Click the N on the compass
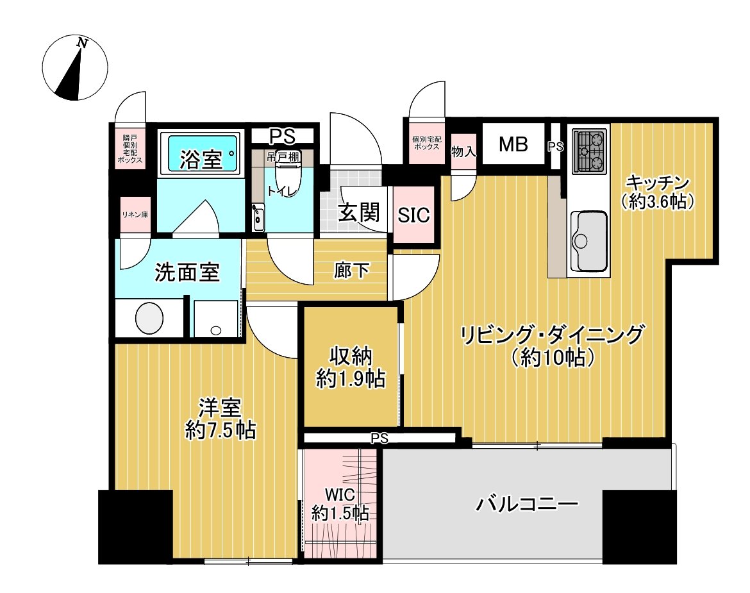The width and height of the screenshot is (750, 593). tap(82, 43)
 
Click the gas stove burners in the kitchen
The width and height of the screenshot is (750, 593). tap(589, 152)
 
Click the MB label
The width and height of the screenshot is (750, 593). tap(513, 145)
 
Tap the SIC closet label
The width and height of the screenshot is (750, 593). tap(413, 215)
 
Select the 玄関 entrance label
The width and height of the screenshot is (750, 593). tap(356, 212)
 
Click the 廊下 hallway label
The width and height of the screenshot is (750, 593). tap(352, 271)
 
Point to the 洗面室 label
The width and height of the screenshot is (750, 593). tap(187, 273)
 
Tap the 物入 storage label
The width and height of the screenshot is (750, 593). tap(463, 152)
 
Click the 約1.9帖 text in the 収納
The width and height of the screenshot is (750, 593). tap(350, 379)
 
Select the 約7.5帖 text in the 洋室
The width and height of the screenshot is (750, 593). tap(220, 430)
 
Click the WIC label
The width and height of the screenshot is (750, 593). tap(339, 494)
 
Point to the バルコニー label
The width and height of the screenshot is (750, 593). tap(527, 504)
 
